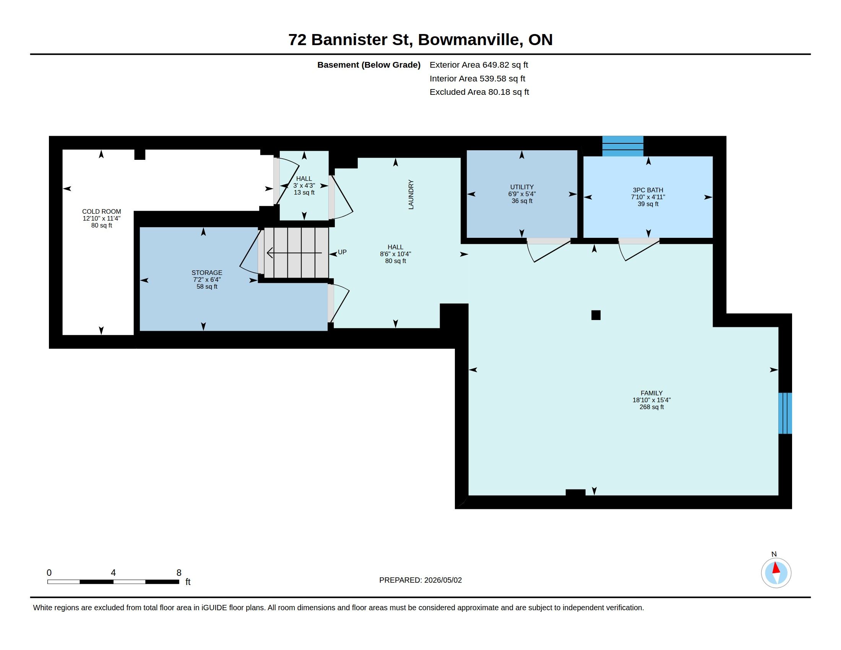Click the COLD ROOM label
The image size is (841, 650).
point(102,211)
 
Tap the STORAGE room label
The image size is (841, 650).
point(207,273)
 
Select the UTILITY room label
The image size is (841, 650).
point(522,187)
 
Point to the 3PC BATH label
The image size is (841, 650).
point(648,190)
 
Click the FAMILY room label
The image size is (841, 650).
point(651,393)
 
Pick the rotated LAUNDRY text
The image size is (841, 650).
point(411,195)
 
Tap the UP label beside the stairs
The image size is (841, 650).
point(342,252)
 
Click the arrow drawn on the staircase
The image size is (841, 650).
point(294,253)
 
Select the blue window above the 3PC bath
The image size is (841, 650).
point(623,146)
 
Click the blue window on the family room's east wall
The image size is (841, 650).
point(785,413)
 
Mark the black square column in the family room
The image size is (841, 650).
point(596,315)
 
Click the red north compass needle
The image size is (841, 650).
point(776,568)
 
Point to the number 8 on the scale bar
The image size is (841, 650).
point(179,573)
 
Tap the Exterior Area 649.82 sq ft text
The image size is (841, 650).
point(479,65)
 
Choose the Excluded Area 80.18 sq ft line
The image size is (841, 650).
point(479,92)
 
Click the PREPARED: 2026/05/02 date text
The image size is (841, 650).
point(420,580)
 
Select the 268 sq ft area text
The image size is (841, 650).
point(651,407)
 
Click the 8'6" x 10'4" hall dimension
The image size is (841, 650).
point(396,254)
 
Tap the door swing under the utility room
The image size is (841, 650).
point(548,251)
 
